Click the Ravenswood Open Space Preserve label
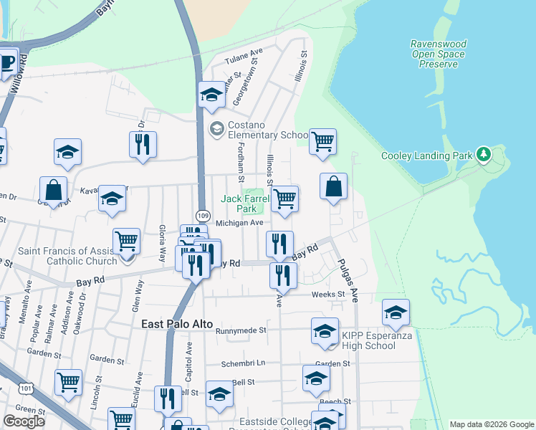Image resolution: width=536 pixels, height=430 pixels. click(x=438, y=54)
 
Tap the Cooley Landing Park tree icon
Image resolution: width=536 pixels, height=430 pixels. click(x=484, y=155)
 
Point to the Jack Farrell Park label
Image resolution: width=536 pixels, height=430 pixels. click(x=239, y=204)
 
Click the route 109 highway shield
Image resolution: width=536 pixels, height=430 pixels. click(x=203, y=216)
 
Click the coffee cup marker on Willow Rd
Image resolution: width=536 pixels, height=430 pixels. click(x=6, y=64)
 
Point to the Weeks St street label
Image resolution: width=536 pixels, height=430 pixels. click(x=328, y=295)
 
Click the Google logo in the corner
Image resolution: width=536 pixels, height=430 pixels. click(x=24, y=421)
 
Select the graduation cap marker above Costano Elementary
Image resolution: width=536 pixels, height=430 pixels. click(x=211, y=95)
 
